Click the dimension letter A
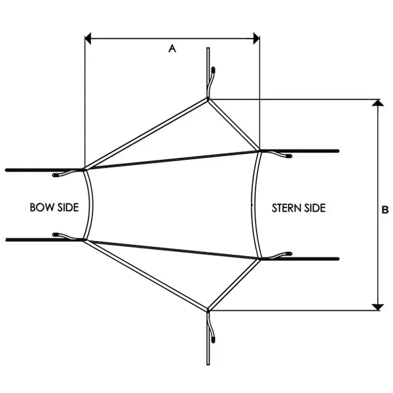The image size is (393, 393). pyautogui.click(x=172, y=48)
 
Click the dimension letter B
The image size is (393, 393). pyautogui.click(x=385, y=210)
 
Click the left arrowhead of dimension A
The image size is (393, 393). pyautogui.click(x=88, y=39)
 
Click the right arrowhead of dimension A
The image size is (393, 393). pyautogui.click(x=256, y=39)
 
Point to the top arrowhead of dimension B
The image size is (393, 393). pyautogui.click(x=378, y=103)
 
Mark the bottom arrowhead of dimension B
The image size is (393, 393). pyautogui.click(x=378, y=307)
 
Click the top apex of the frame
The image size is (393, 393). pyautogui.click(x=208, y=100)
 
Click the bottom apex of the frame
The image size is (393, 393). pyautogui.click(x=208, y=310)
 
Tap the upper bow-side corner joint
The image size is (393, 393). pyautogui.click(x=84, y=170)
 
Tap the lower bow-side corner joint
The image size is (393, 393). pyautogui.click(x=84, y=240)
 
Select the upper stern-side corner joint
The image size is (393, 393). pyautogui.click(x=259, y=151)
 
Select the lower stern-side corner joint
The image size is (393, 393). pyautogui.click(x=259, y=259)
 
